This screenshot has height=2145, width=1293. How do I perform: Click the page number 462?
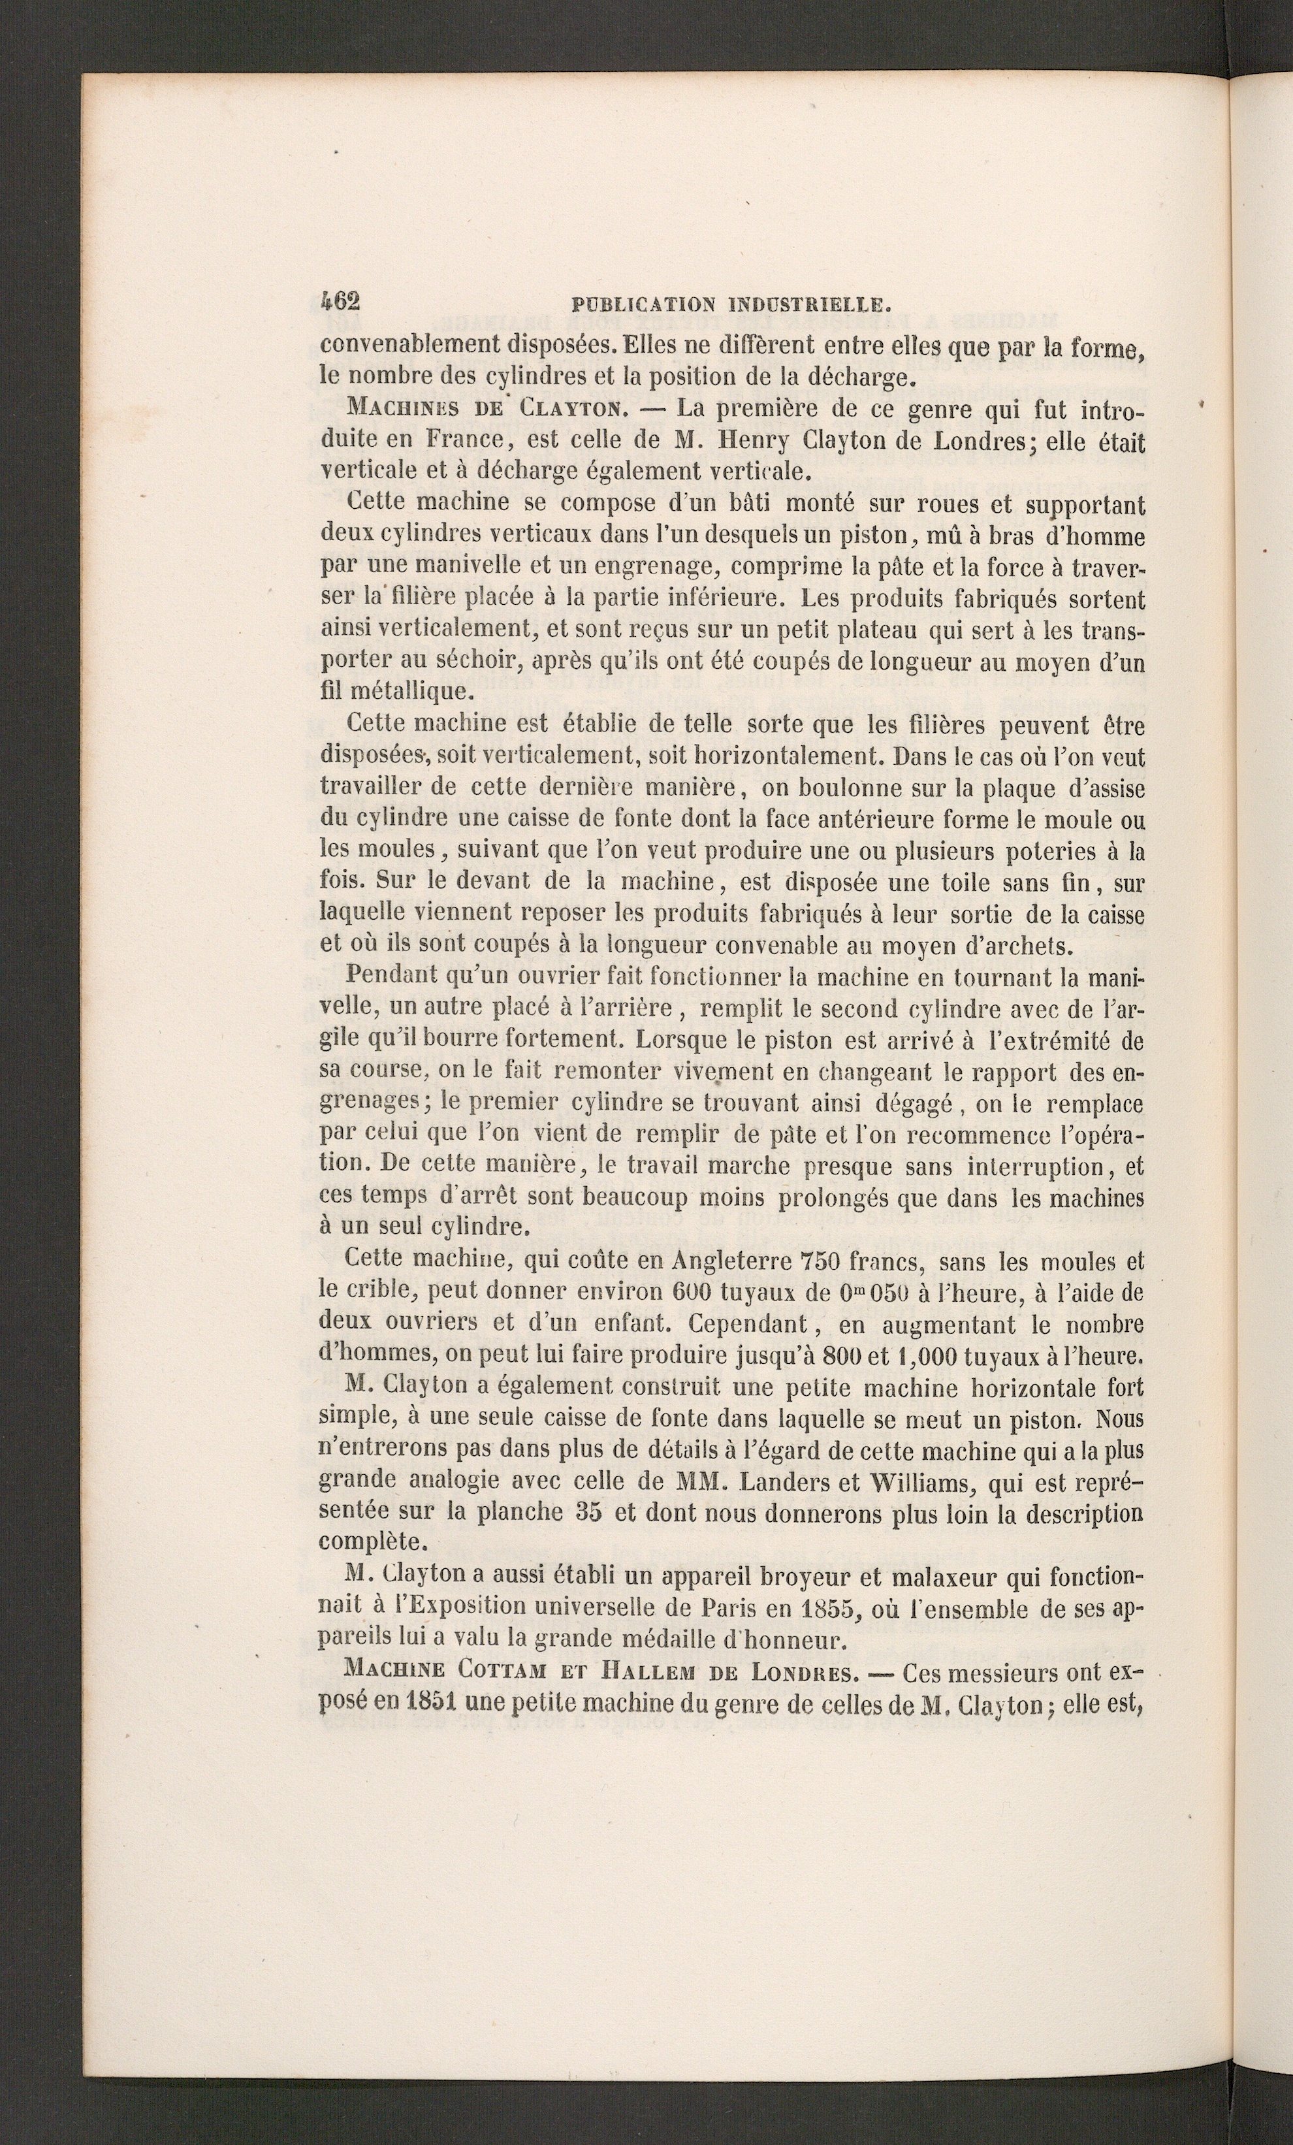(340, 301)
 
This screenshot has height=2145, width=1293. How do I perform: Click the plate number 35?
(588, 1512)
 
